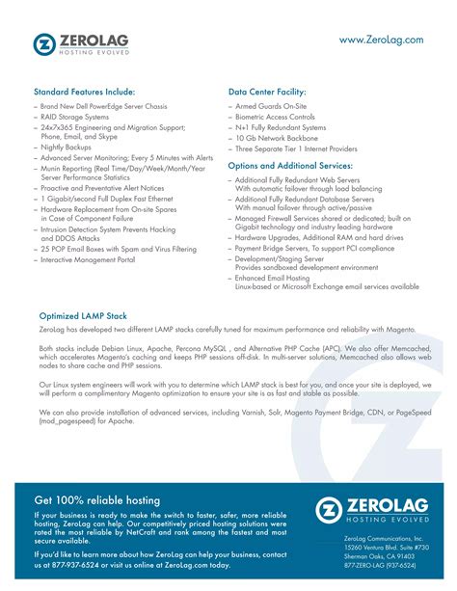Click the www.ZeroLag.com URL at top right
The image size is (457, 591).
tap(381, 40)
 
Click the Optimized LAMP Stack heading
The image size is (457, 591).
tap(84, 314)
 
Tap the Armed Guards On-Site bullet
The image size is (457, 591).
tap(274, 106)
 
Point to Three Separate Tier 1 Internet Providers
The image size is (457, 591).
tap(296, 148)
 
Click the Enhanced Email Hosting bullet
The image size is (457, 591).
tap(280, 277)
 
